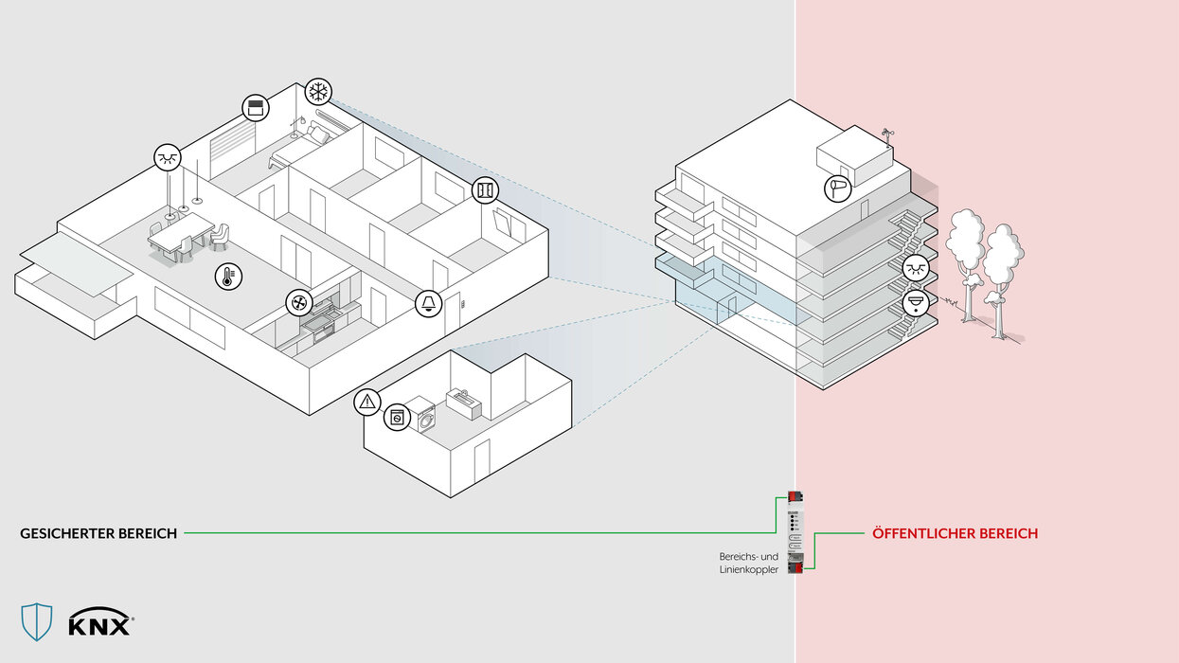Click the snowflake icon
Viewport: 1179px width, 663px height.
tap(319, 93)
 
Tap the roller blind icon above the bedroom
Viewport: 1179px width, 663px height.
tap(255, 108)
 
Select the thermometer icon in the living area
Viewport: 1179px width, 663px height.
tap(227, 277)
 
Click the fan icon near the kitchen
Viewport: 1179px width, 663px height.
tap(299, 303)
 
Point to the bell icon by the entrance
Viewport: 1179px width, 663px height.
tap(429, 304)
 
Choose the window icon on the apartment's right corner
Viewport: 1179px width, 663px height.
tap(485, 190)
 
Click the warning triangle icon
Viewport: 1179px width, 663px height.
tap(367, 402)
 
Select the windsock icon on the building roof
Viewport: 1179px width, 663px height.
tap(838, 188)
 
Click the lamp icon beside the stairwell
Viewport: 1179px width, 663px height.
tap(915, 269)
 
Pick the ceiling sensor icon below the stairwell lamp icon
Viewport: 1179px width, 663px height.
tap(915, 304)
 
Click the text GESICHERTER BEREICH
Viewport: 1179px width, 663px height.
tap(98, 533)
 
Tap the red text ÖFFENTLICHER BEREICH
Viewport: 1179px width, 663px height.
tap(955, 533)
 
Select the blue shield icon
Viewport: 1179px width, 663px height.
tap(37, 621)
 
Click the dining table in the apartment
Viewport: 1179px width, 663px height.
tap(182, 233)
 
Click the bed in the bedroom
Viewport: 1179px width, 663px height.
tap(298, 146)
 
